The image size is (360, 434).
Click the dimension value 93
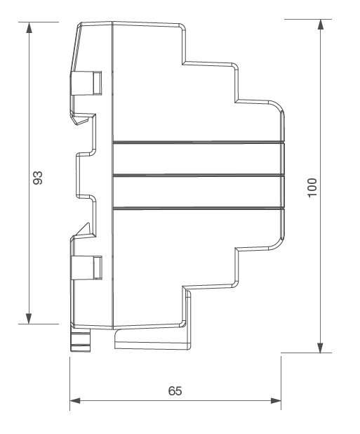coord(38,178)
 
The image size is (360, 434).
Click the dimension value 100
coord(312,188)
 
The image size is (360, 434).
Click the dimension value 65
coord(175,391)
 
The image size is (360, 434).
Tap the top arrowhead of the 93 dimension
coord(29,27)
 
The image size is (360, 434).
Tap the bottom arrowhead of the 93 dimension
coord(29,318)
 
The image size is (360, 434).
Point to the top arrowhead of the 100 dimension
coord(321,25)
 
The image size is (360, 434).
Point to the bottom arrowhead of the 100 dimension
coord(321,348)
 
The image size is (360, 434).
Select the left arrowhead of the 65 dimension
coord(75,400)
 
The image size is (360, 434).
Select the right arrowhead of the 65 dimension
coord(276,400)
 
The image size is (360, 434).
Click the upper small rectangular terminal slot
coord(97,83)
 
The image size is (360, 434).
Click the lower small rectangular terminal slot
coord(98,268)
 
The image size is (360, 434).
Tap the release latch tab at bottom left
coord(81,340)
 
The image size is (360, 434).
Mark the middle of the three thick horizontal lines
coord(199,175)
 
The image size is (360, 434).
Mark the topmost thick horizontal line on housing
coord(199,143)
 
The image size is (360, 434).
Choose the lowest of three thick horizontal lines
coord(199,208)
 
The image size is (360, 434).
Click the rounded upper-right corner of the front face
coord(279,106)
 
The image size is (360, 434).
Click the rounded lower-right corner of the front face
coord(279,244)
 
